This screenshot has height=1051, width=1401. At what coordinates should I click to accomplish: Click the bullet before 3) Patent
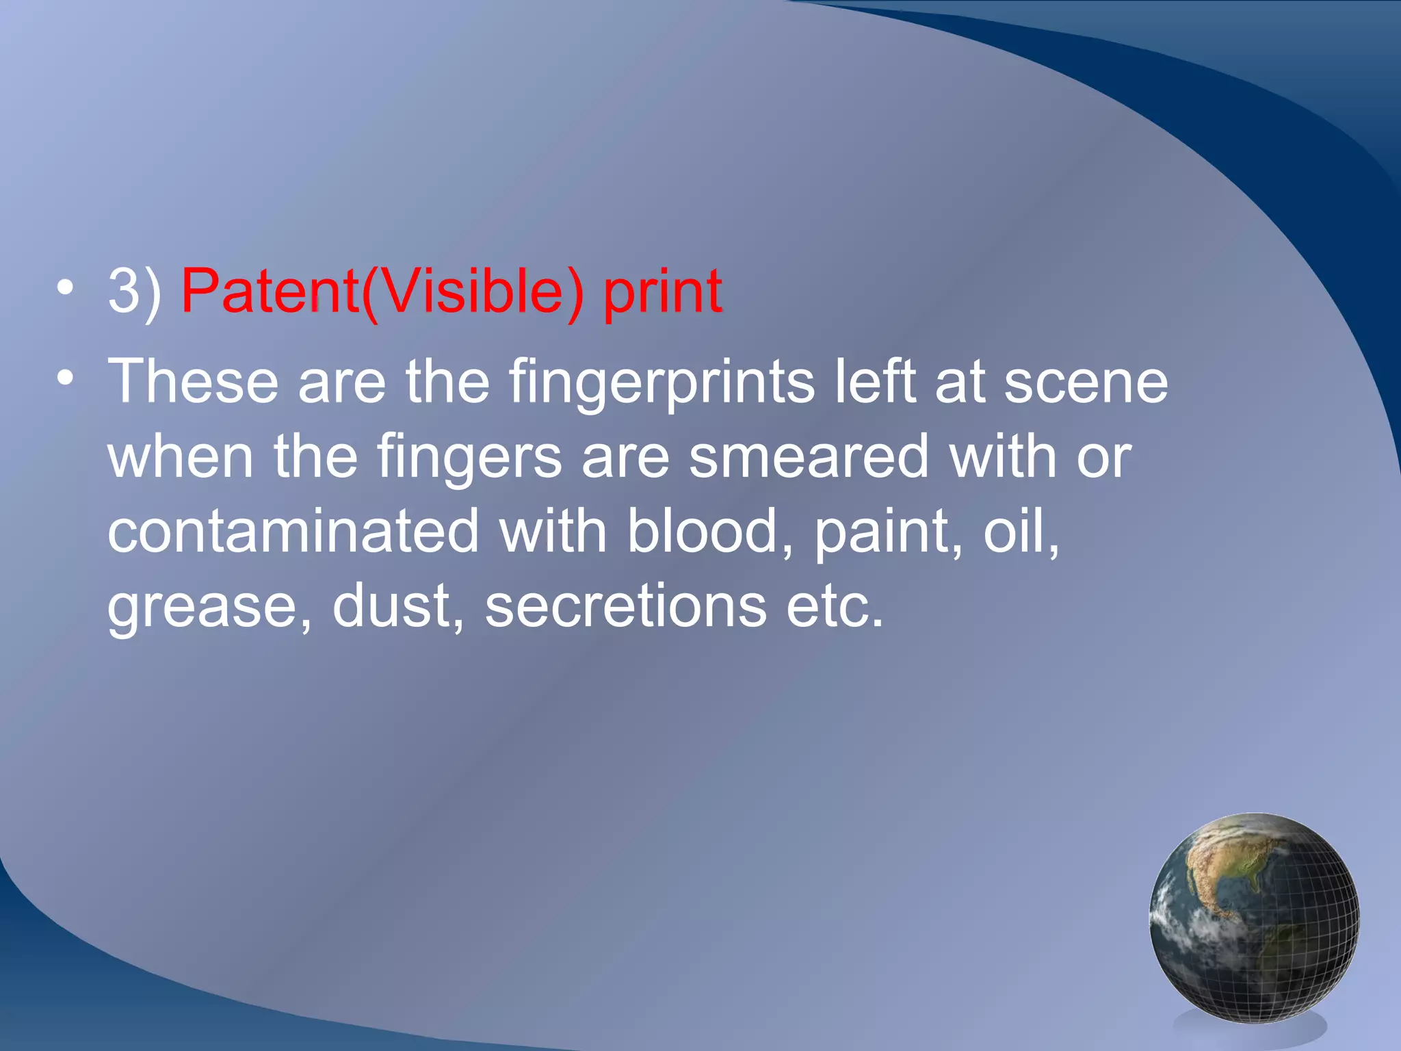65,287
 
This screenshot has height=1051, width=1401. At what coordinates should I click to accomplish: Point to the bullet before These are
65,378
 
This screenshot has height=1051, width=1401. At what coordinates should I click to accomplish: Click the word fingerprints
662,383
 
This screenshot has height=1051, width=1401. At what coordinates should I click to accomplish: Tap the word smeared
809,456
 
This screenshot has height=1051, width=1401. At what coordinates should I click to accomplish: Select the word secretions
625,606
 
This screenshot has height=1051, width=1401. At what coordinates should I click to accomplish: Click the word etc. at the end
835,606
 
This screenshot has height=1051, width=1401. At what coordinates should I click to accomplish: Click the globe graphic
1254,917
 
